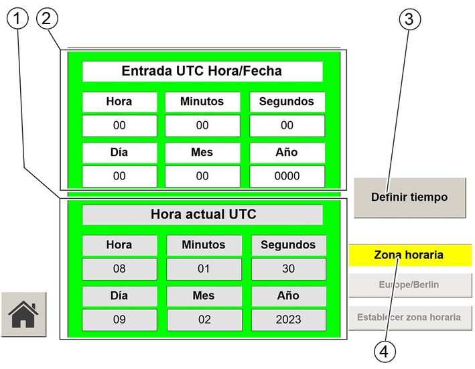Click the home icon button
coord(23,314)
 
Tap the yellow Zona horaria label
coord(410,255)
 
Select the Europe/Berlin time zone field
coord(410,285)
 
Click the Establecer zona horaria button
coord(410,317)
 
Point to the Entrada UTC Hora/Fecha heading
coord(202,71)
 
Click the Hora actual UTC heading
coord(203,214)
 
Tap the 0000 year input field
coord(287,176)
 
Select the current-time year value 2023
coord(288,319)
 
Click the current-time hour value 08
coord(119,269)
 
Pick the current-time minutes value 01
coord(204,269)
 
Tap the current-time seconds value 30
coord(288,269)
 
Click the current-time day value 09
coord(119,319)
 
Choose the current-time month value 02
coord(204,319)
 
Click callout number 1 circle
coord(17,19)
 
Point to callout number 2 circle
coord(47,19)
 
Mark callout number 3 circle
coord(410,19)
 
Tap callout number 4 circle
coord(385,352)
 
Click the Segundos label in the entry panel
coord(287,102)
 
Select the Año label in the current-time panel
coord(288,296)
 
